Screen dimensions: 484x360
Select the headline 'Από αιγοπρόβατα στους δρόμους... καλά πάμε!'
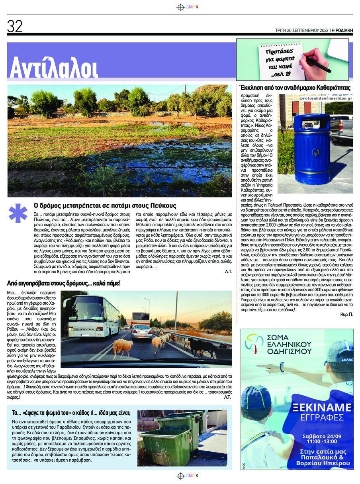tap(64, 283)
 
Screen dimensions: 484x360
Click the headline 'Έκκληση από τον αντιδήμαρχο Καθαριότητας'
tap(295, 87)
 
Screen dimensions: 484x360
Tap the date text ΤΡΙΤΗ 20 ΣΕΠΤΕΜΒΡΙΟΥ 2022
tap(301, 30)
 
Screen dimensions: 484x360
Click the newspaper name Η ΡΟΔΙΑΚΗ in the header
tap(342, 30)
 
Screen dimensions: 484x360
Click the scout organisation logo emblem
tap(254, 344)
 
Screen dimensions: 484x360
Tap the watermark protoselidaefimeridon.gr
tap(326, 98)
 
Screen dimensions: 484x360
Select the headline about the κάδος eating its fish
tap(74, 413)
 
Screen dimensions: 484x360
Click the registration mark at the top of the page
tap(180, 7)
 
